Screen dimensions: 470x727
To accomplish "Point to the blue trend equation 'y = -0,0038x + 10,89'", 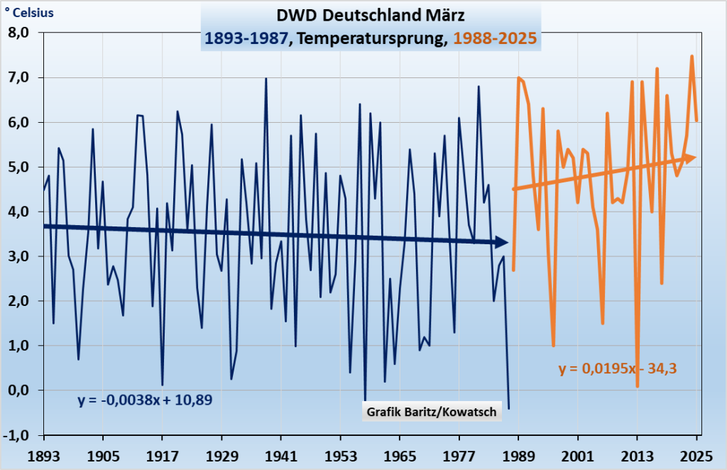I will (x=145, y=400).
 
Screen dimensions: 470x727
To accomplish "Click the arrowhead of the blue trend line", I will (x=502, y=242).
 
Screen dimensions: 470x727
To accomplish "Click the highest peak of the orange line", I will (x=692, y=56).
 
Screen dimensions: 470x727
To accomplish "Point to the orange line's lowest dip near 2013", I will (x=638, y=386).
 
